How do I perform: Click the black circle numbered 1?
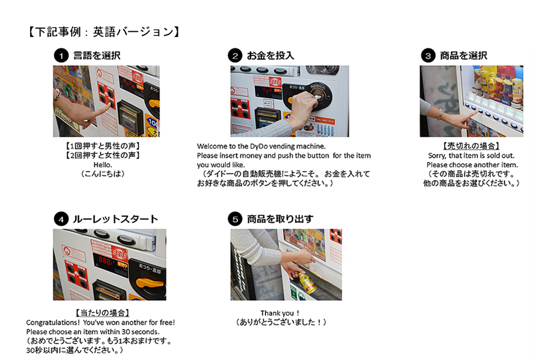point(61,55)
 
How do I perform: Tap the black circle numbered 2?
point(235,55)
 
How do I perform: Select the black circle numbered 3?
point(428,55)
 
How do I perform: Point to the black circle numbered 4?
point(61,219)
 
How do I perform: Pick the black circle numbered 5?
point(235,219)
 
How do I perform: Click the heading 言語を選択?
point(97,55)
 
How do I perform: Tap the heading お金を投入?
point(270,55)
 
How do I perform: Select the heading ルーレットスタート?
point(115,219)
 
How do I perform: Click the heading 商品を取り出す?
point(280,219)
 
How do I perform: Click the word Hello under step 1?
point(102,165)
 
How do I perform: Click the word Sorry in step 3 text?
point(437,156)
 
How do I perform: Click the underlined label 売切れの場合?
point(471,146)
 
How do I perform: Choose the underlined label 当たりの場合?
point(102,313)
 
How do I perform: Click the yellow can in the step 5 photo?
point(307,282)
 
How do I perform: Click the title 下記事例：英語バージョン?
point(104,32)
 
